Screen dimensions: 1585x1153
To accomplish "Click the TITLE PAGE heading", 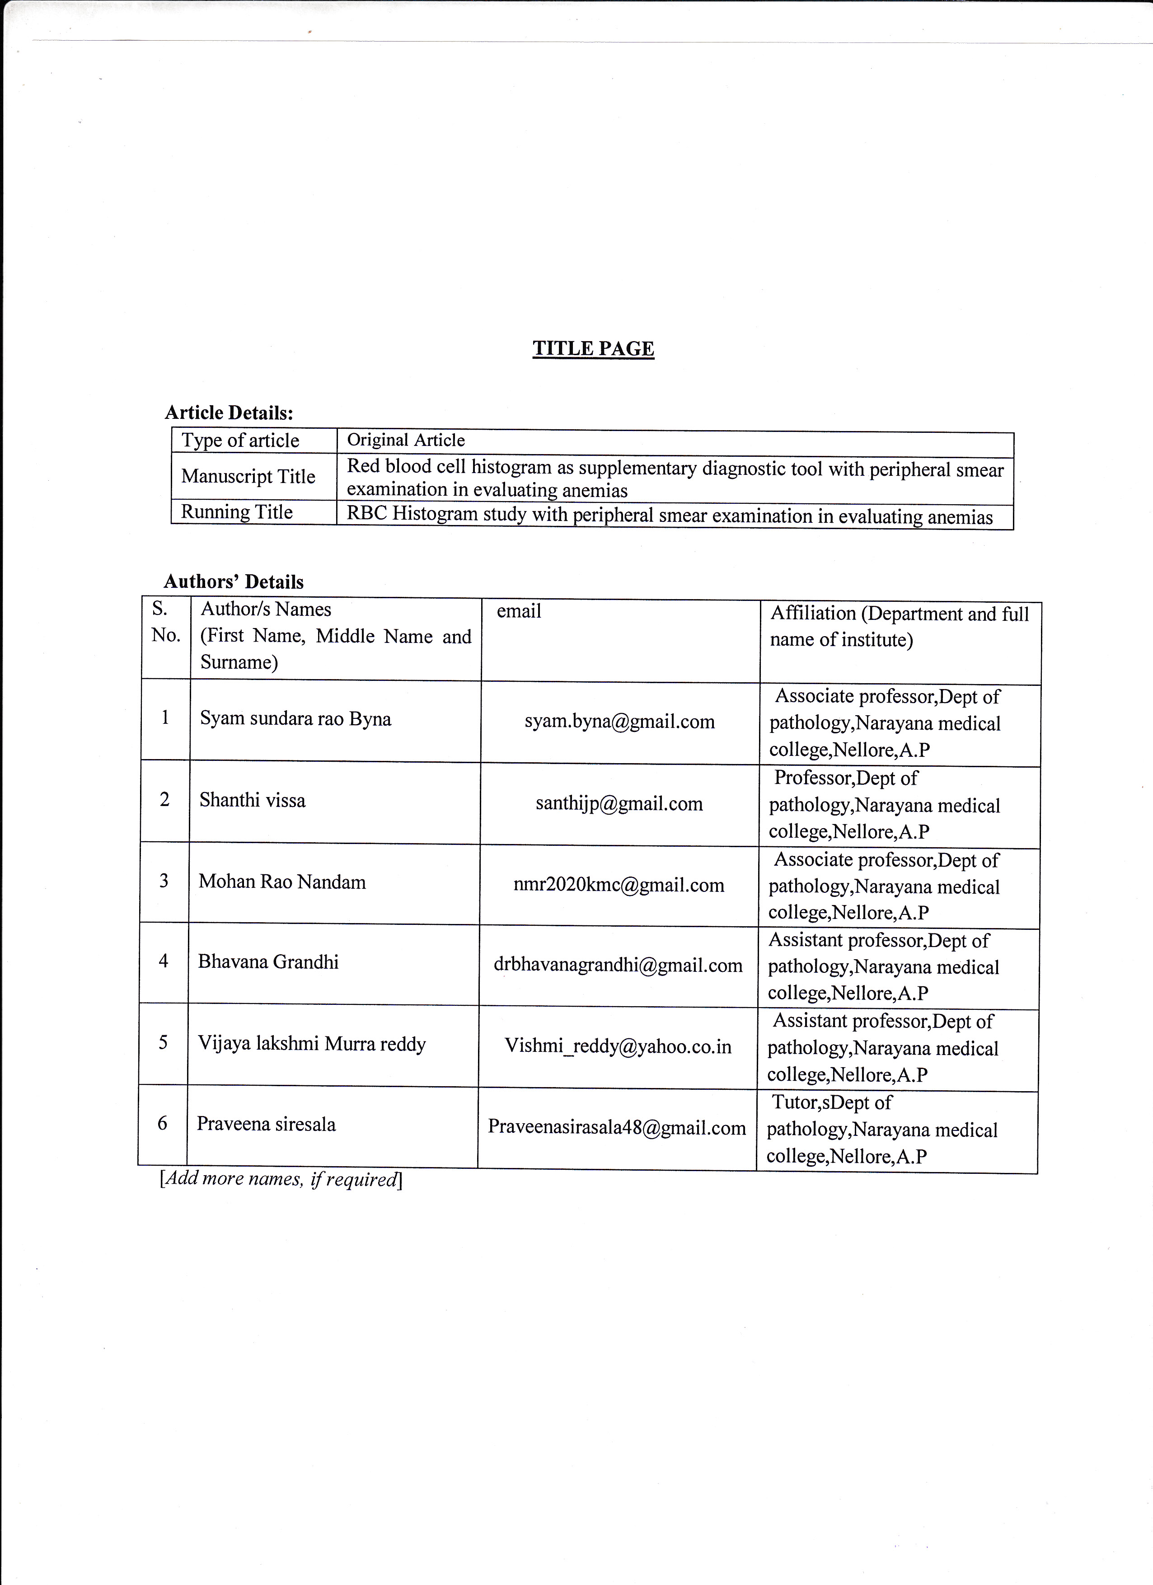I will (593, 349).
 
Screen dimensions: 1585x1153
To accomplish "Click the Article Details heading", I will (229, 413).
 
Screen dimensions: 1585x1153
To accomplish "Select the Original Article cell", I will (406, 440).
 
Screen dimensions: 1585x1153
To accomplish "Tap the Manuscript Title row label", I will (248, 477).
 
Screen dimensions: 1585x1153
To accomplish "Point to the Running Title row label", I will (237, 512).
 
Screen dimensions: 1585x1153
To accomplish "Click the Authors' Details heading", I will (234, 581).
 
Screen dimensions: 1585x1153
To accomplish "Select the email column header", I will (519, 611).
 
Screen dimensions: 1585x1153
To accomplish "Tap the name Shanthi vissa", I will (252, 800).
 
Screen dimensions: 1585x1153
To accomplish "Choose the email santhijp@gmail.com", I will (619, 804).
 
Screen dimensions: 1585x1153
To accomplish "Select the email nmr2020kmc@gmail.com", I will (619, 886).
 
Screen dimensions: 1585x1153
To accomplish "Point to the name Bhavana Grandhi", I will (268, 962).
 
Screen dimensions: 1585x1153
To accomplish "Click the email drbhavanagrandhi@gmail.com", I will (618, 966).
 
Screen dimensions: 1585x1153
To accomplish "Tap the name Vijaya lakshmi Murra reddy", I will (312, 1044).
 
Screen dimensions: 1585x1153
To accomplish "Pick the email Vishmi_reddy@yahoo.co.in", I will (618, 1047).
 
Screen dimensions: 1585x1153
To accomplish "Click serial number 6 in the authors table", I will (162, 1124).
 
